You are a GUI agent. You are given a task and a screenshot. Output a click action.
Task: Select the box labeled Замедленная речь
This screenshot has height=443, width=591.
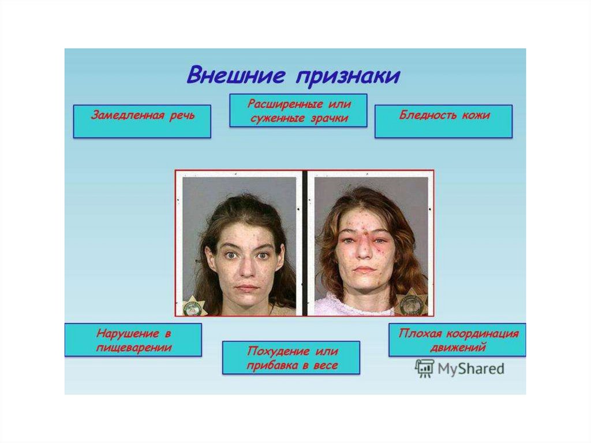142,121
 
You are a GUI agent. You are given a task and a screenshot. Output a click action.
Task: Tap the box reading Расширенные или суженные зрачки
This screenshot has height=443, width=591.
298,110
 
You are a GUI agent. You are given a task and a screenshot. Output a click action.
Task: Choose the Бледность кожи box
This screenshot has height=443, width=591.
443,121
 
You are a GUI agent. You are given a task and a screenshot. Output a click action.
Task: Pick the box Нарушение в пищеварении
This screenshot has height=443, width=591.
133,340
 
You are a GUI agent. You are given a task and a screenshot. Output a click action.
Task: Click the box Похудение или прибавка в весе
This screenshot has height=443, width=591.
291,358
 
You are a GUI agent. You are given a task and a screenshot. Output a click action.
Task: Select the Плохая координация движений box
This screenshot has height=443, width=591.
457,340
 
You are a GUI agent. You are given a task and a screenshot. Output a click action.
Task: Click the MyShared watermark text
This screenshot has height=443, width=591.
471,368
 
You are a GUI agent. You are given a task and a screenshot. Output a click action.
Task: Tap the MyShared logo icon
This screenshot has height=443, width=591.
425,368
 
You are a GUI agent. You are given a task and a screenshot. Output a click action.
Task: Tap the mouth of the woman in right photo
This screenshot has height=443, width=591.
364,270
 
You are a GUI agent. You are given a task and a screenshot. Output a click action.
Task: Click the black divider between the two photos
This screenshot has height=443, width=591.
305,243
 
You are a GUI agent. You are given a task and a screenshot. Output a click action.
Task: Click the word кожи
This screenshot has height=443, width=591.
476,115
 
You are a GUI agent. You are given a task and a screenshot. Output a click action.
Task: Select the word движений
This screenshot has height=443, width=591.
458,348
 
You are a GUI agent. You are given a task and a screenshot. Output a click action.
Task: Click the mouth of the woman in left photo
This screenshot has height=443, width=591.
246,287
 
